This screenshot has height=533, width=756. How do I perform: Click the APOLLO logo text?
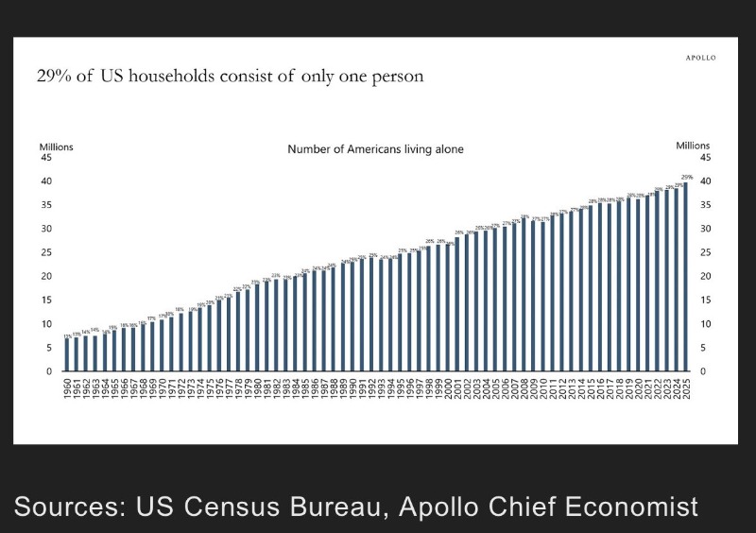(700, 58)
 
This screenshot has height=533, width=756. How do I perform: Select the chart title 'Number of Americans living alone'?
(375, 149)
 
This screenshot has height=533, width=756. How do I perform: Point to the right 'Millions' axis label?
(693, 146)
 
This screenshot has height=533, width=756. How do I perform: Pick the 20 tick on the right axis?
(704, 276)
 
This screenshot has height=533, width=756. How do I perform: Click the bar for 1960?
(67, 354)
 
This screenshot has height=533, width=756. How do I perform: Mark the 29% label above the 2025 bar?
(687, 178)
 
